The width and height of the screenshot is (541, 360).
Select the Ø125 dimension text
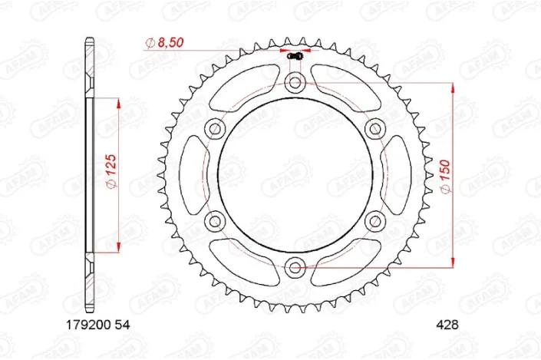111,173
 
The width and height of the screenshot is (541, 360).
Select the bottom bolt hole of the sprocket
294,267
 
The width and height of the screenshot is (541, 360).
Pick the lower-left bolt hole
213,221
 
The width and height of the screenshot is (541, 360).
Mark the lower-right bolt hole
374,221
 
